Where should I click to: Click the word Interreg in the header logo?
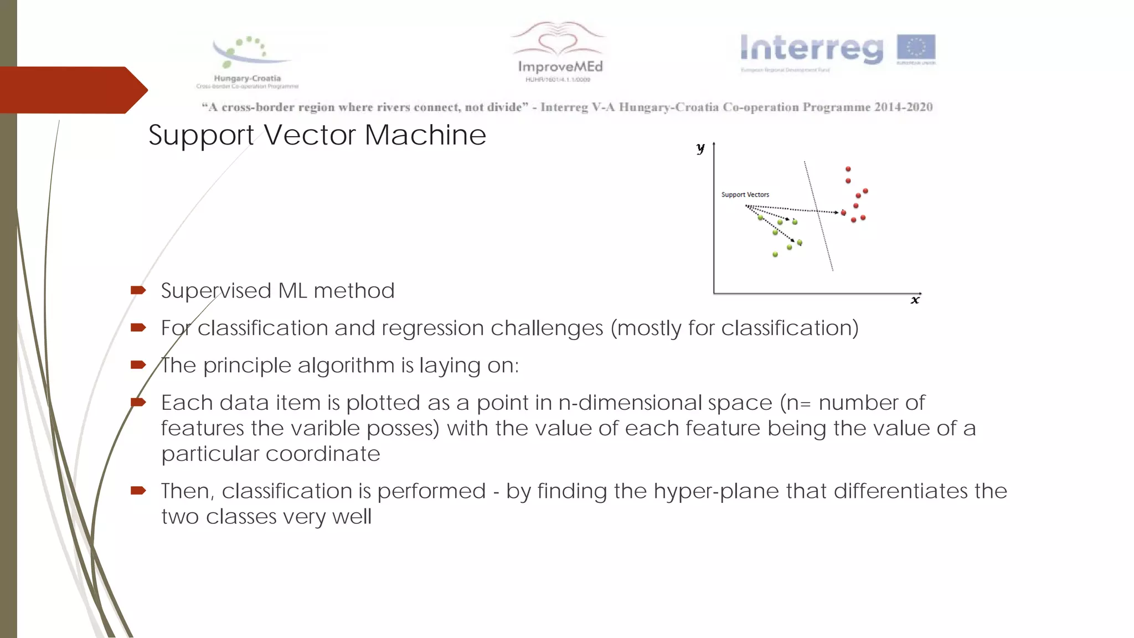pyautogui.click(x=812, y=49)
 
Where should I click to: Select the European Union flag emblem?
pyautogui.click(x=916, y=47)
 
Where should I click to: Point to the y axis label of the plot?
pyautogui.click(x=700, y=148)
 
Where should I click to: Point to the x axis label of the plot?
pyautogui.click(x=915, y=300)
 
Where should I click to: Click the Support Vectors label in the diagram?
pyautogui.click(x=745, y=195)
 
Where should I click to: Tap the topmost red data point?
pyautogui.click(x=848, y=169)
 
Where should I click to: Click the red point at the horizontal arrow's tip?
pyautogui.click(x=844, y=213)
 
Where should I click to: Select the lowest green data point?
pyautogui.click(x=775, y=255)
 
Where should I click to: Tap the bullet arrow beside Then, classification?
pyautogui.click(x=138, y=490)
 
